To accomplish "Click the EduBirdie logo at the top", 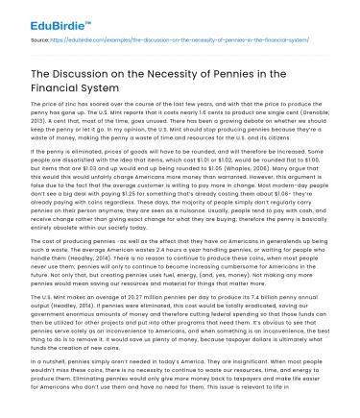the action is click(39, 17).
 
